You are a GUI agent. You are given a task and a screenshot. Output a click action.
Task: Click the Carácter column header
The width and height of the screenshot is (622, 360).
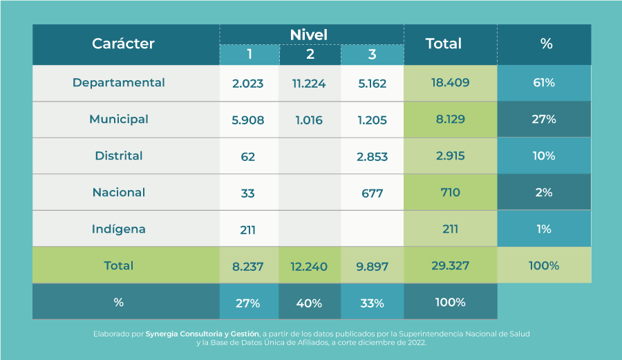(123, 44)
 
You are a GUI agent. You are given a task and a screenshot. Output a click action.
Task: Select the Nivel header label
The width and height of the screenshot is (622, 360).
(308, 34)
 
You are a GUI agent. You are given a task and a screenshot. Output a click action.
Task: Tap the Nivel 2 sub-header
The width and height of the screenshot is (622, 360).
(310, 55)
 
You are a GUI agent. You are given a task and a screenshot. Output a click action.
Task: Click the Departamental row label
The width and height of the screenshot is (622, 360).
(119, 83)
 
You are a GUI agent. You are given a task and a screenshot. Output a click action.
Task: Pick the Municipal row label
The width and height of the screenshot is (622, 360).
(119, 120)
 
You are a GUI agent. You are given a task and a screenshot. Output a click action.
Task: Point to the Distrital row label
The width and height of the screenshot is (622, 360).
(119, 156)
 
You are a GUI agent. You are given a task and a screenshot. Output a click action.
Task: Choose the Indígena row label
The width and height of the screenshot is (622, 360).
(119, 229)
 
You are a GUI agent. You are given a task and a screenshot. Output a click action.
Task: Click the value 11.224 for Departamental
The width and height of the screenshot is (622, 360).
(309, 84)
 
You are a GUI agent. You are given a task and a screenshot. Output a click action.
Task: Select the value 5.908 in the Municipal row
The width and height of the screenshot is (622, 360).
(248, 120)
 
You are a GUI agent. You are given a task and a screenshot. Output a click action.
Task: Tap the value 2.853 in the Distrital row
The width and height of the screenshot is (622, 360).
(372, 157)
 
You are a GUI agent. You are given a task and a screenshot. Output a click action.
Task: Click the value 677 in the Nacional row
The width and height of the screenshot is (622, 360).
(372, 193)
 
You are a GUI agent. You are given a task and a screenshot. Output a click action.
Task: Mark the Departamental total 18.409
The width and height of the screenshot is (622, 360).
(450, 83)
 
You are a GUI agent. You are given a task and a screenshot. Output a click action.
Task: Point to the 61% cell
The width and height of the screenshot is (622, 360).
(544, 83)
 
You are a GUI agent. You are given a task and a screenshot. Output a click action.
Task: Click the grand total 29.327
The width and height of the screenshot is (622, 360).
(450, 266)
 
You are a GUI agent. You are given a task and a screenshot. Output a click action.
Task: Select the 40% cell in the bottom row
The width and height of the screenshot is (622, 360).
(309, 303)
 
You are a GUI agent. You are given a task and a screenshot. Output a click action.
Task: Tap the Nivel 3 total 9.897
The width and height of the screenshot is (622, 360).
(372, 266)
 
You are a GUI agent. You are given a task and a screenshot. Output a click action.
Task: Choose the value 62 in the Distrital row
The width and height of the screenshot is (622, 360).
(248, 157)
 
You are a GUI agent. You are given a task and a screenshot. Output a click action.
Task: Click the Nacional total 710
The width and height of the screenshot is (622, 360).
(450, 193)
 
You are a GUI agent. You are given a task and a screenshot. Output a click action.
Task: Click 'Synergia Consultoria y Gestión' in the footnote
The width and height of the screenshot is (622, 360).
(202, 334)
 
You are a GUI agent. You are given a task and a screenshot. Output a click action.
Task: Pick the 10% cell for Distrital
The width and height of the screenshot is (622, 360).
(544, 156)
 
